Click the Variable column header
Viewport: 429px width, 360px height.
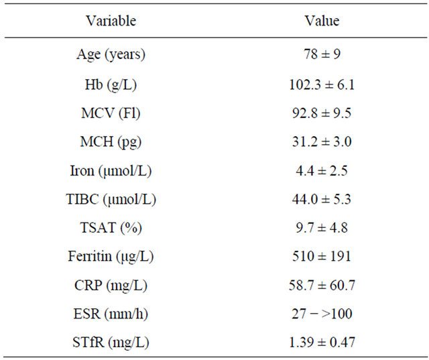(111, 21)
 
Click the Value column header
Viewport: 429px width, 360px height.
(322, 21)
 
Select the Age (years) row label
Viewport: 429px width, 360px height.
(111, 55)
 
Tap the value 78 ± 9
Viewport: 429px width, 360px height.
(322, 55)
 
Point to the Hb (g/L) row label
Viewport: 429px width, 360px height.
(111, 84)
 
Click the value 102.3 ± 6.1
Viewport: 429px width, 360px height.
(322, 84)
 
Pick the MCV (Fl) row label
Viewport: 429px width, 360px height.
(111, 113)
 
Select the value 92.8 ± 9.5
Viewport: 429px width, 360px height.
(322, 113)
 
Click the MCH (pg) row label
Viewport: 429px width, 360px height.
(111, 141)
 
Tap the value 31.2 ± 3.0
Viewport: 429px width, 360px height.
(322, 141)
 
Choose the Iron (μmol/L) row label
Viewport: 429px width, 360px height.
(111, 170)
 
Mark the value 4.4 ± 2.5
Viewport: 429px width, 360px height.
(322, 170)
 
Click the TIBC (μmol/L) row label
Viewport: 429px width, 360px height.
(111, 199)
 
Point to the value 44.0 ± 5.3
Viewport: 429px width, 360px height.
(322, 199)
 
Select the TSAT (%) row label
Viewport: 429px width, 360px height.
(111, 228)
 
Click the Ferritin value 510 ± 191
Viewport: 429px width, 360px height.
(322, 257)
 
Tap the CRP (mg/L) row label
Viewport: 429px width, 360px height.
(111, 286)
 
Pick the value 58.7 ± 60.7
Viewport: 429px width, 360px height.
(322, 286)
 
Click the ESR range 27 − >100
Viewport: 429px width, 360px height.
(322, 314)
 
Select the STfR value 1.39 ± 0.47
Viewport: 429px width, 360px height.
(322, 343)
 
